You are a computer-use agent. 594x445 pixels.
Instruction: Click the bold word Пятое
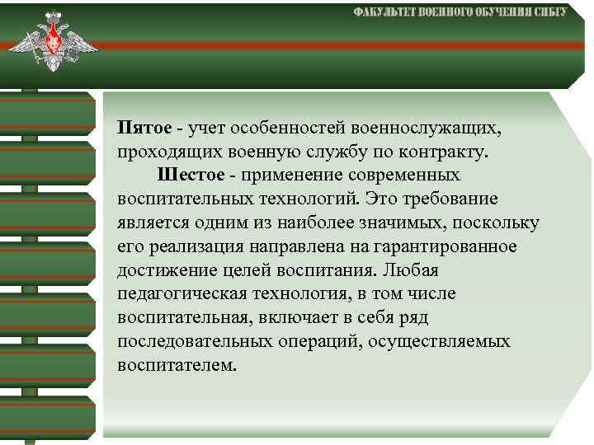coord(144,129)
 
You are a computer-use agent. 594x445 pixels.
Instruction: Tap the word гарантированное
coord(446,246)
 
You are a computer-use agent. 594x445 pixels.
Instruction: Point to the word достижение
coord(161,270)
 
